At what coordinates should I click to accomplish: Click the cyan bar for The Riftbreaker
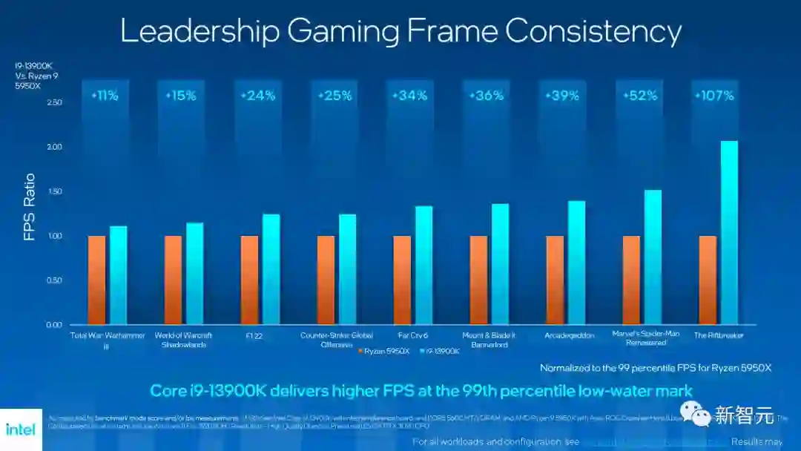[729, 233]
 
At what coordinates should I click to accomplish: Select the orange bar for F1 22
[249, 280]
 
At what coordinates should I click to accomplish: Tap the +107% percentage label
[713, 96]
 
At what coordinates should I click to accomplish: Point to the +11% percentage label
[105, 96]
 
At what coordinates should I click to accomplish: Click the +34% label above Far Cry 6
[410, 96]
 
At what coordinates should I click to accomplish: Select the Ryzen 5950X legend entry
[383, 351]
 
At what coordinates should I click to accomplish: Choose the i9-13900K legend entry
[440, 351]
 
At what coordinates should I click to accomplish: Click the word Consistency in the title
[593, 31]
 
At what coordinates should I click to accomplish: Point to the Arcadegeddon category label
[569, 336]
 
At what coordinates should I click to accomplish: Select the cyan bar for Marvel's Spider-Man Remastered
[653, 257]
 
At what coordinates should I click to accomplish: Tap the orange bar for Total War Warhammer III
[96, 280]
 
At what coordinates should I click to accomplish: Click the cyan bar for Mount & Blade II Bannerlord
[501, 264]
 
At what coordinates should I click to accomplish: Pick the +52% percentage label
[637, 96]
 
